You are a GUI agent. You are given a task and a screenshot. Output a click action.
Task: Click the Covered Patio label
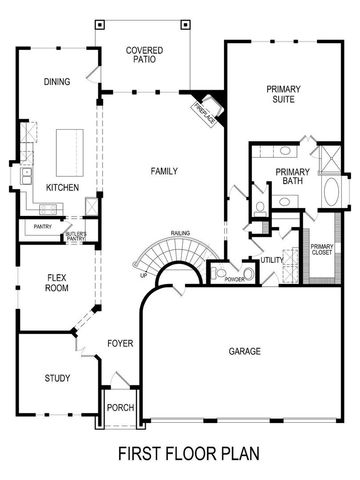tap(144, 55)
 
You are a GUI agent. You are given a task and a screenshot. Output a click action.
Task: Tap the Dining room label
tap(57, 82)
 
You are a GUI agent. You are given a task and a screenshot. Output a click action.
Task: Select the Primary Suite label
tap(283, 95)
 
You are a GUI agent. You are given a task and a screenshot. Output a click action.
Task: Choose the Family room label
tap(164, 171)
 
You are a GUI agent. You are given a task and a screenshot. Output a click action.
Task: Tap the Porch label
tap(120, 407)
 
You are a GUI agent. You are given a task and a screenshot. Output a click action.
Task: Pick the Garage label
tap(244, 351)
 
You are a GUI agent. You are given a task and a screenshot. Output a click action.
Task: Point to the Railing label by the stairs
tap(180, 233)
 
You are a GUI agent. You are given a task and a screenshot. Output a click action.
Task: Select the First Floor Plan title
tap(188, 453)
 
